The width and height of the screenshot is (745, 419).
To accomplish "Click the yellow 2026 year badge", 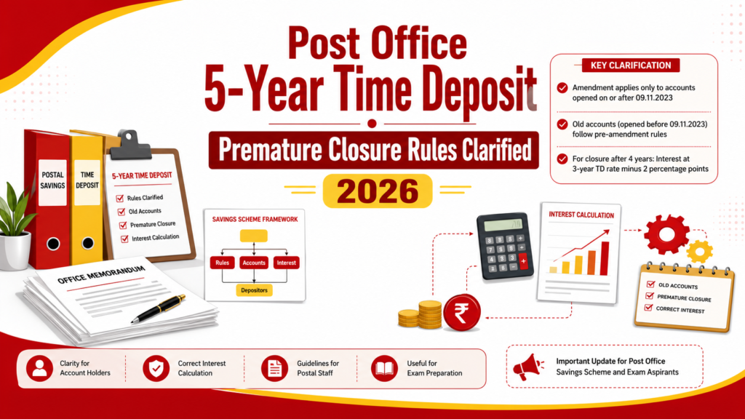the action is (x=378, y=191).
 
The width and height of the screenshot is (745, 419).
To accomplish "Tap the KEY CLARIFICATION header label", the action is (x=631, y=65).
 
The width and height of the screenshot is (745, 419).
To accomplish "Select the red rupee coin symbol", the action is (x=462, y=313).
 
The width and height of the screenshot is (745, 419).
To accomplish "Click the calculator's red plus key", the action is (x=523, y=261).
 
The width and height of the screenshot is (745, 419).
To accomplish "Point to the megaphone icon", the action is (x=528, y=367).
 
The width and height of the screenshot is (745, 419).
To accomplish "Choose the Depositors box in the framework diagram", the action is (x=254, y=290).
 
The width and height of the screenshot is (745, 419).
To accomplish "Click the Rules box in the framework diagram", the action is (x=223, y=263).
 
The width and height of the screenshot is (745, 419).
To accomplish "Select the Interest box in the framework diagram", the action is (x=286, y=263).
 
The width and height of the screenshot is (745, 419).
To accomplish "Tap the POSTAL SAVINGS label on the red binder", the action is (x=52, y=181).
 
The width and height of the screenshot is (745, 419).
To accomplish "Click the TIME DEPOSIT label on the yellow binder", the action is (x=87, y=180).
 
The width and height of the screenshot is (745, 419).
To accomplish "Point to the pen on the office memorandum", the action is (x=158, y=309).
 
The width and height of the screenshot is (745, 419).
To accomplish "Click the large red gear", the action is (x=666, y=234).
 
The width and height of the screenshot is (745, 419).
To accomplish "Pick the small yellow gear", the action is (x=700, y=251).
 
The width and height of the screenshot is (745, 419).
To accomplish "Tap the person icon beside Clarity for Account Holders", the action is (x=40, y=368).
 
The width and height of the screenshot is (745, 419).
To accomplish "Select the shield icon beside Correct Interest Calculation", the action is (x=156, y=368).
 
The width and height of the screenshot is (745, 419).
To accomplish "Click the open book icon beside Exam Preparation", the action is (x=384, y=368).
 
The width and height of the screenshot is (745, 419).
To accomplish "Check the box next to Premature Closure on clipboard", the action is (x=123, y=226).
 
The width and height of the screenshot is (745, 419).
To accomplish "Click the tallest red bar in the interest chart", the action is (x=605, y=258).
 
